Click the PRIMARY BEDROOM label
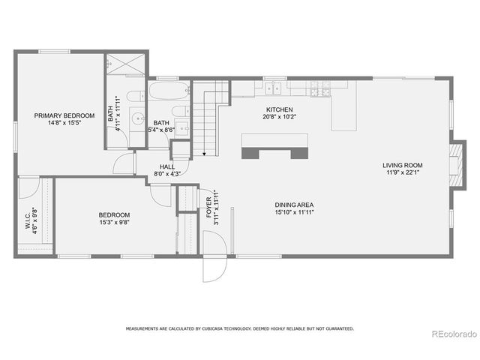click(64, 115)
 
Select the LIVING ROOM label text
click(403, 165)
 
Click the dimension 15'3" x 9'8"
click(113, 222)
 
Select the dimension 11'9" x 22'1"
click(403, 173)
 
